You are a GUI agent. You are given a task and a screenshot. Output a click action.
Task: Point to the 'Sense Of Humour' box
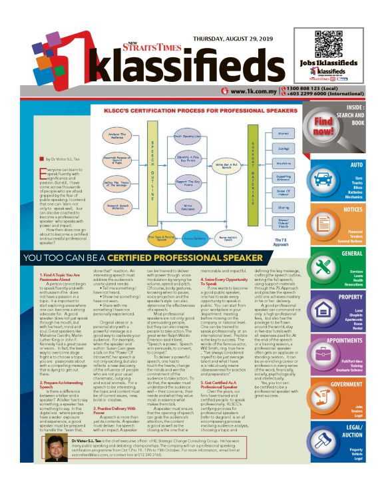coord(284,192)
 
